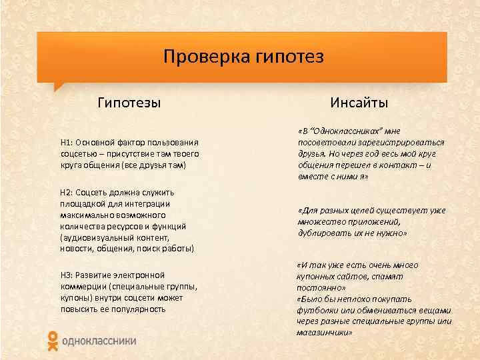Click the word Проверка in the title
pos(204,57)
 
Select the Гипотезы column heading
pos(129,103)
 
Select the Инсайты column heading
pos(359,103)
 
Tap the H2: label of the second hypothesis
pos(67,193)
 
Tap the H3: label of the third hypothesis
pos(67,275)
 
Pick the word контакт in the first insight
pos(400,165)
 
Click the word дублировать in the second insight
pos(323,233)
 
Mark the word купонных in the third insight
pos(318,275)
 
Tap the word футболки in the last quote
pos(317,310)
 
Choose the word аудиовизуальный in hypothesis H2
pos(94,237)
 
